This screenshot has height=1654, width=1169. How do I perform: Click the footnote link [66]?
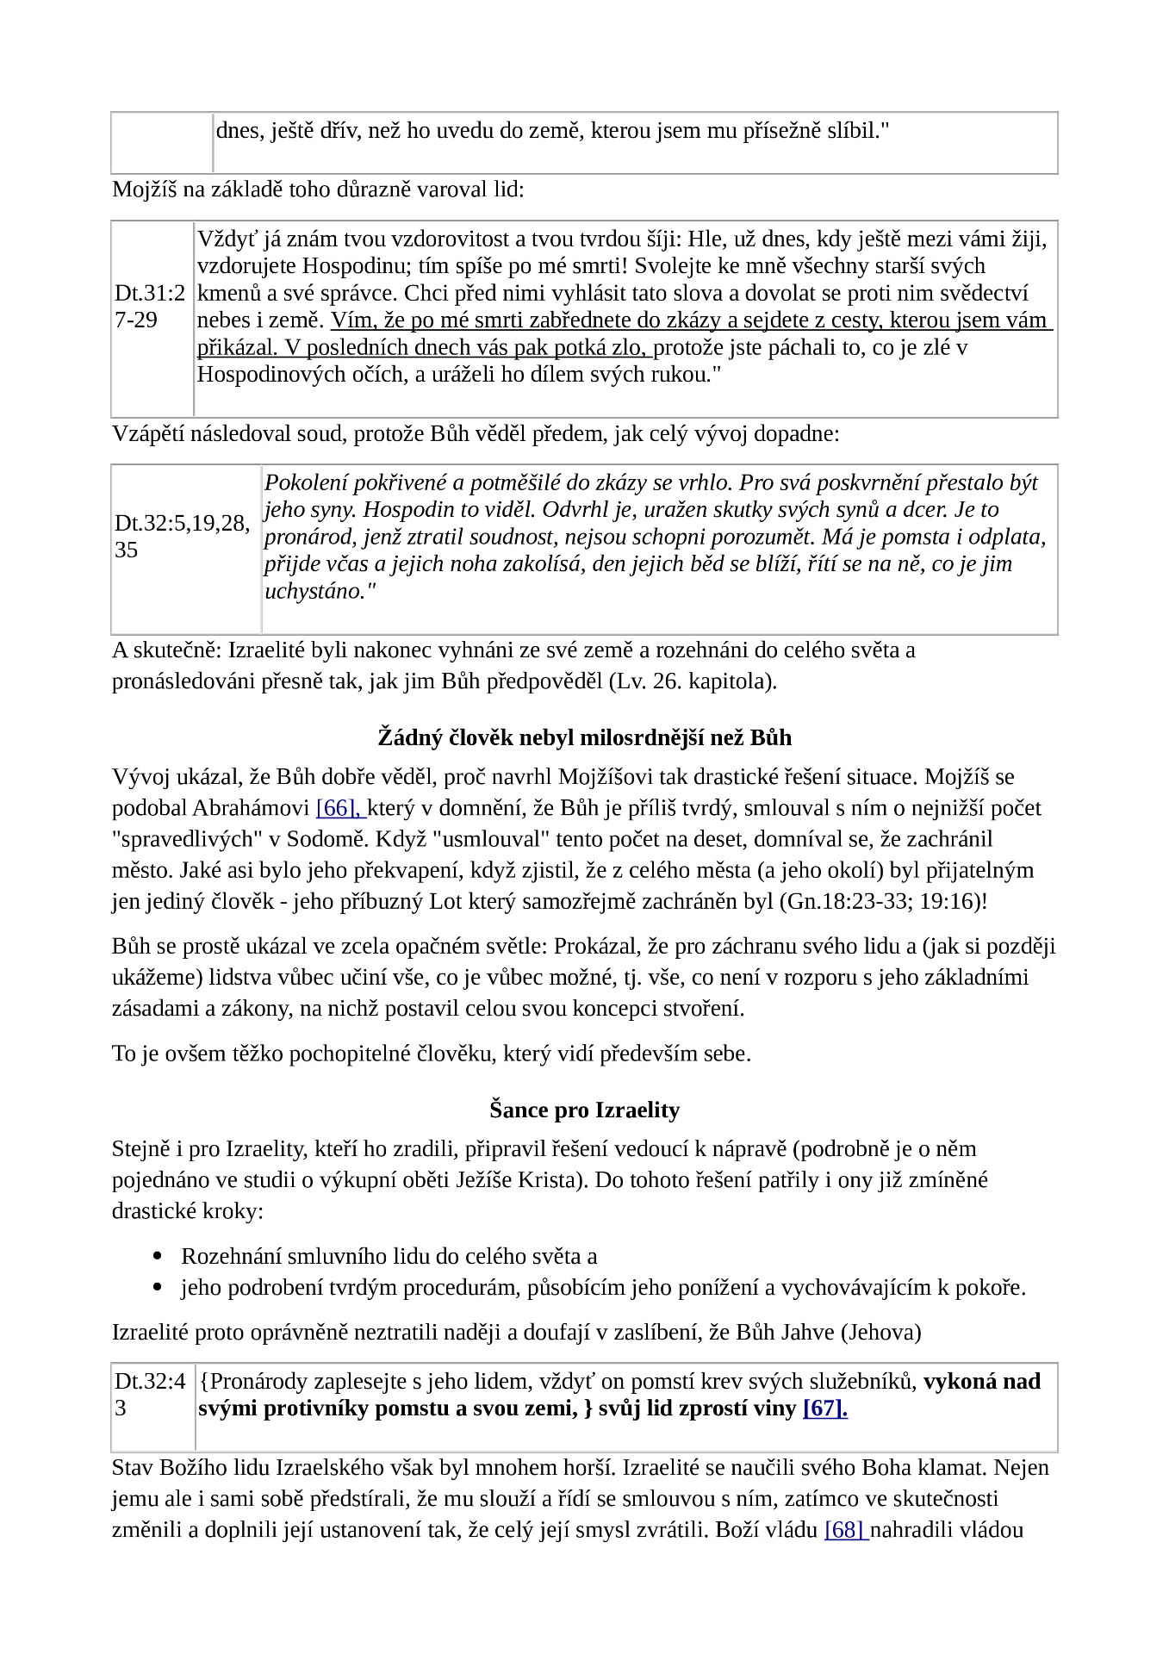point(339,808)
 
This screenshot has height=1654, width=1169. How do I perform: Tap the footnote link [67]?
point(824,1408)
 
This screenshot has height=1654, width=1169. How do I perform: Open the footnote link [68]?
point(844,1530)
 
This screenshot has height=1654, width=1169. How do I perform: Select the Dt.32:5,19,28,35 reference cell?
point(183,537)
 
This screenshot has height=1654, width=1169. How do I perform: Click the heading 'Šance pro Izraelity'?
point(584,1110)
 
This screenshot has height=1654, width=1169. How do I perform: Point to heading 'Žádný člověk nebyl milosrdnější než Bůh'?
point(584,738)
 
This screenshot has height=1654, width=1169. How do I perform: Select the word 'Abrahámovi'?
point(251,808)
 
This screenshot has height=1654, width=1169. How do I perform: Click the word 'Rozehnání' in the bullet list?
point(230,1257)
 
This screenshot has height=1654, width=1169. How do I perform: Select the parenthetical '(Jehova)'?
point(880,1333)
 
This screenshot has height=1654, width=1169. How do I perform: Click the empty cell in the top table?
point(162,142)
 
